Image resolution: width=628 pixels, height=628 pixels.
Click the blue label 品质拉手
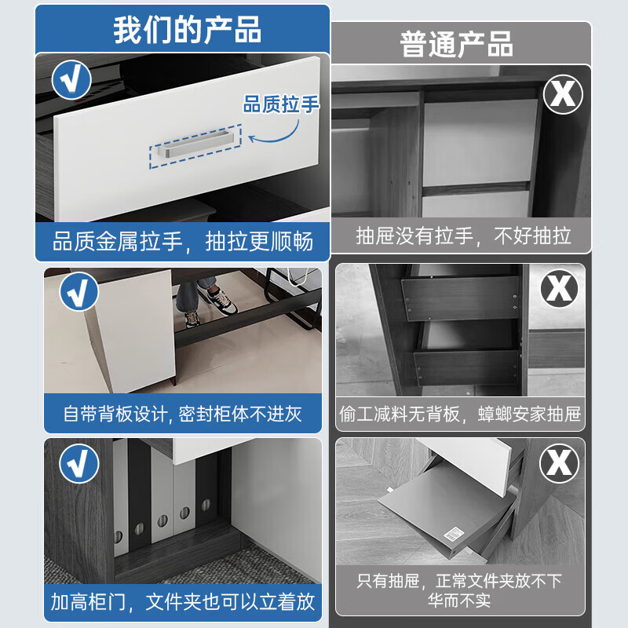coord(281,104)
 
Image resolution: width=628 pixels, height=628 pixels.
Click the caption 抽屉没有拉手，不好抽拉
coord(463,235)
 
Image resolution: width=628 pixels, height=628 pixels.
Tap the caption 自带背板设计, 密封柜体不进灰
coord(183,414)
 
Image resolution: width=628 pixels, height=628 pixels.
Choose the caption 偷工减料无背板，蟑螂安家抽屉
coord(461,414)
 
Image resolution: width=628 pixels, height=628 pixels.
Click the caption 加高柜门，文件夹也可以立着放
coord(183,602)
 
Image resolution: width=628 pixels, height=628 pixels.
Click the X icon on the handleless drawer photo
coord(563,93)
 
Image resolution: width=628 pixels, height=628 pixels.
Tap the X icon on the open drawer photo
coord(559,463)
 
